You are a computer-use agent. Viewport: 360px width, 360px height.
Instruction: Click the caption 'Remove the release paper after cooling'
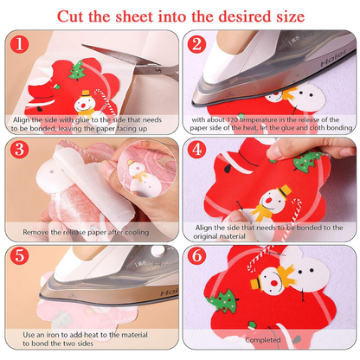click(92, 233)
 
